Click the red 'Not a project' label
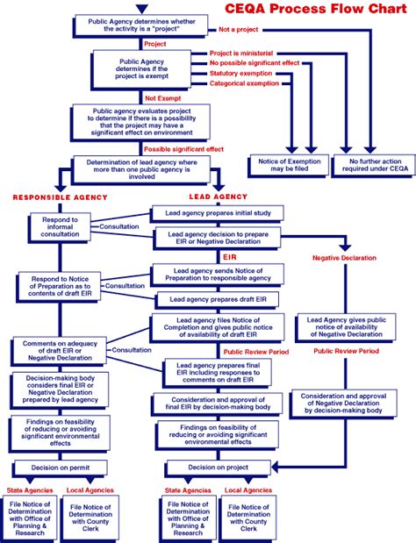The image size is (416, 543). [239, 30]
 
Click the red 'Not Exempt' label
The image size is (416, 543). [163, 97]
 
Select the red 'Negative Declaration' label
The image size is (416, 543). [344, 258]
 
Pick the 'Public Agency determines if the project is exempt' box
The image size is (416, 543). [140, 68]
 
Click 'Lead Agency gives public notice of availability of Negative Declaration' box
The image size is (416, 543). [344, 327]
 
